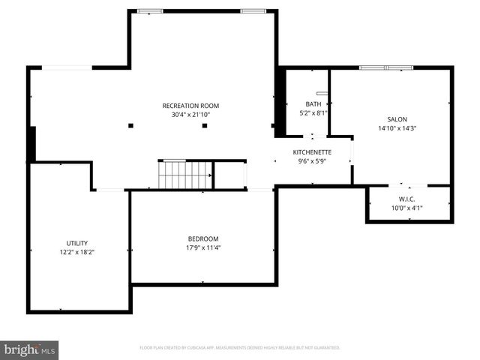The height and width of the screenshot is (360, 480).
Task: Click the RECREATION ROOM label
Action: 190,106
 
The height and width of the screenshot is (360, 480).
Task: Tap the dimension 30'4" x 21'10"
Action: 190,115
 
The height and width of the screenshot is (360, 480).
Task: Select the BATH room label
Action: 313,104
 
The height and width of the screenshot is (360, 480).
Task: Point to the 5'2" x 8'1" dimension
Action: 313,113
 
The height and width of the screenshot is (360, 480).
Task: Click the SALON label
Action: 397,119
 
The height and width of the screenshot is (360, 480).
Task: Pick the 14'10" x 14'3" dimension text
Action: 397,128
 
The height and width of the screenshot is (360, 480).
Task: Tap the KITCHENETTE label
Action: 312,152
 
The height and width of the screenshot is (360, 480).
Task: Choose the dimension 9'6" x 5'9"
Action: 312,161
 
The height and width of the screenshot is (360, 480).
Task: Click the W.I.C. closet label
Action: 407,199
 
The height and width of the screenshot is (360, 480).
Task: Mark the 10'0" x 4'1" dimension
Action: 407,208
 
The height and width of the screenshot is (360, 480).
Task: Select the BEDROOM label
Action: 203,238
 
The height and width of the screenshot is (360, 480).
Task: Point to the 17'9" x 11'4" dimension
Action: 203,247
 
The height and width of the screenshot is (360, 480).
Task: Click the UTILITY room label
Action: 76,243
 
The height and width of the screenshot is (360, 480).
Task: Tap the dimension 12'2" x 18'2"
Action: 76,252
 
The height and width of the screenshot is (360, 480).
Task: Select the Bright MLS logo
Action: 30,349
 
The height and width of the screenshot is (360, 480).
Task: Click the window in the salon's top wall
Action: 386,68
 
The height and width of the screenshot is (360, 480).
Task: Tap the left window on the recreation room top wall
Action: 149,10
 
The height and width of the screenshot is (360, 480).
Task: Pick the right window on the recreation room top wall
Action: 253,10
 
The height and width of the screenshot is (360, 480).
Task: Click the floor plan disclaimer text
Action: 240,348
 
